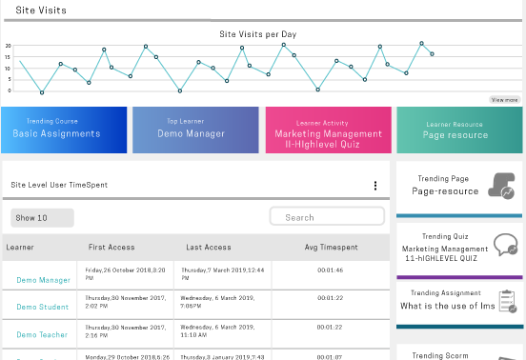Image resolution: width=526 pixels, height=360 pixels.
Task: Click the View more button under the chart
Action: [x=505, y=99]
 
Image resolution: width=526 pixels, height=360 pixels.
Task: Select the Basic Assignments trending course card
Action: [x=64, y=130]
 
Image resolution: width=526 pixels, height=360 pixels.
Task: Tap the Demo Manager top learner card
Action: [x=194, y=130]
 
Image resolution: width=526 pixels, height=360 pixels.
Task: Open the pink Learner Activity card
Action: [x=329, y=130]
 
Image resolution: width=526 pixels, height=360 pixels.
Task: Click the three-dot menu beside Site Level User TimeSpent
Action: [x=375, y=186]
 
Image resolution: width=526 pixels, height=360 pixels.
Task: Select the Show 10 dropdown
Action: [x=42, y=218]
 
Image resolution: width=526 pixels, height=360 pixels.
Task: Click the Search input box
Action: [x=327, y=217]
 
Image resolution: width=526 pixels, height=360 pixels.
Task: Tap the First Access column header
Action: [x=111, y=248]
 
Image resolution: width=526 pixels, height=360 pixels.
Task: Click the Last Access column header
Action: [x=209, y=248]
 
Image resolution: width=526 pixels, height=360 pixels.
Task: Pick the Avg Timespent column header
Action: [x=330, y=248]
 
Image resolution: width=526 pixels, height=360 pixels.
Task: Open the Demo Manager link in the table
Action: [x=43, y=280]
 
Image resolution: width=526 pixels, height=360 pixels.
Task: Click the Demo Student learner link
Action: [x=43, y=307]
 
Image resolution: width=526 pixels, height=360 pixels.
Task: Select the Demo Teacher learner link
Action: [x=43, y=335]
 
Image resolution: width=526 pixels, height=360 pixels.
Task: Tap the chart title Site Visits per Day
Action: [x=258, y=34]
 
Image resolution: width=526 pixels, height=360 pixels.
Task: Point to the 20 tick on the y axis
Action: [x=8, y=46]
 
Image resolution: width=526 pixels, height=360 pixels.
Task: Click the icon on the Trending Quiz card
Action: [x=504, y=245]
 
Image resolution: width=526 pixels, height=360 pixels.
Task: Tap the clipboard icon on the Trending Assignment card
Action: [x=507, y=302]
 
